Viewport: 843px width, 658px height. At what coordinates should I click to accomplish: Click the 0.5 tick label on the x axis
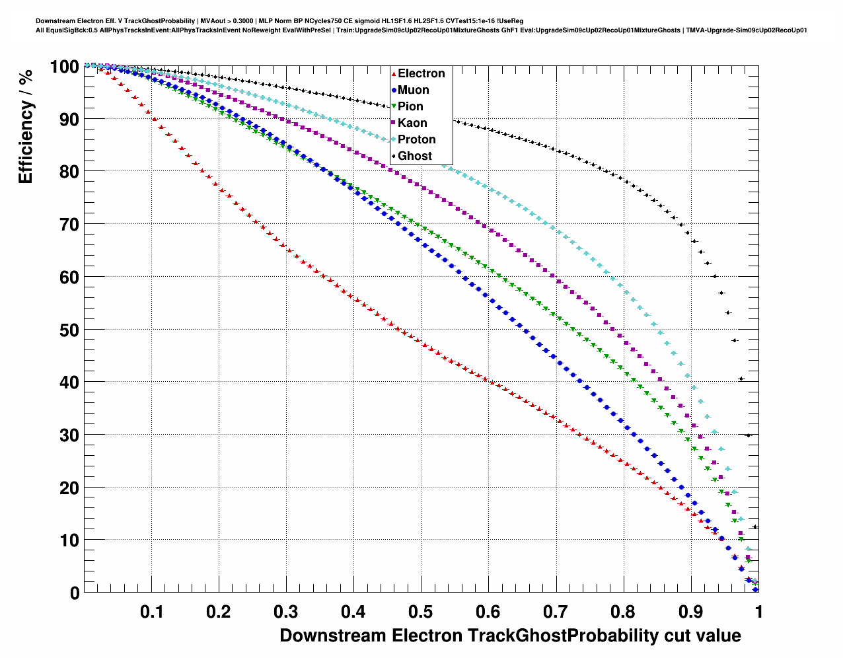click(421, 612)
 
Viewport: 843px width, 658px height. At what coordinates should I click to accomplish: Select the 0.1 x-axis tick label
click(152, 612)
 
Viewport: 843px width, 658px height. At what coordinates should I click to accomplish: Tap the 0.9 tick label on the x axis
click(690, 612)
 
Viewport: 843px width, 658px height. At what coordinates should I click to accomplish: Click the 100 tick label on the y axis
click(65, 67)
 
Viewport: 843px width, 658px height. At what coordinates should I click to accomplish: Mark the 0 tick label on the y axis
click(75, 593)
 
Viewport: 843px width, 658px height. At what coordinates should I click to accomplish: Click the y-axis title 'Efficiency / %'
click(26, 126)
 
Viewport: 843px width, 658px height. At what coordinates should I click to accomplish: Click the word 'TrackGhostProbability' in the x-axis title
click(562, 636)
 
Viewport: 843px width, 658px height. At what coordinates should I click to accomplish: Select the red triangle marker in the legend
click(394, 73)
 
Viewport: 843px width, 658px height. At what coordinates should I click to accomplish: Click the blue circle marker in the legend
click(394, 90)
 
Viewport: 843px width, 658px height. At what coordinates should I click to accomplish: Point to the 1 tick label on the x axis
click(758, 612)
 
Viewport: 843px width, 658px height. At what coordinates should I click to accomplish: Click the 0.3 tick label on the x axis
click(286, 612)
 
